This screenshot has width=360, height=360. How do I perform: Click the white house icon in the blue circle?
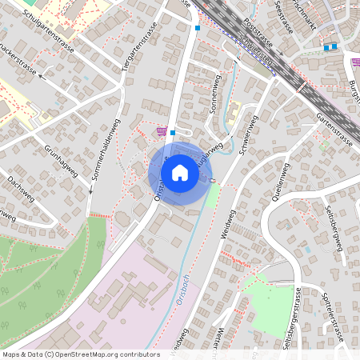[x=180, y=172]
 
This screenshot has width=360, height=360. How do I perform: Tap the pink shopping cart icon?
[x=162, y=131]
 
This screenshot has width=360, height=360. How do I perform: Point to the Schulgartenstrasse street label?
[x=49, y=26]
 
